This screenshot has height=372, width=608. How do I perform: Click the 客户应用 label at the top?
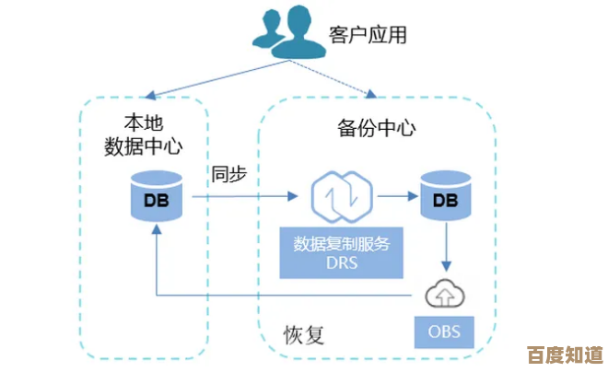coord(368,35)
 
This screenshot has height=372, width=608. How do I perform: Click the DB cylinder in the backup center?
coord(445,199)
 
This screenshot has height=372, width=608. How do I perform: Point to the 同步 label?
coord(229,173)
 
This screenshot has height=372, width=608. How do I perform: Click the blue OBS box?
coord(445,330)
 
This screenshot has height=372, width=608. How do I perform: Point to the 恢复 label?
coord(303,331)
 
